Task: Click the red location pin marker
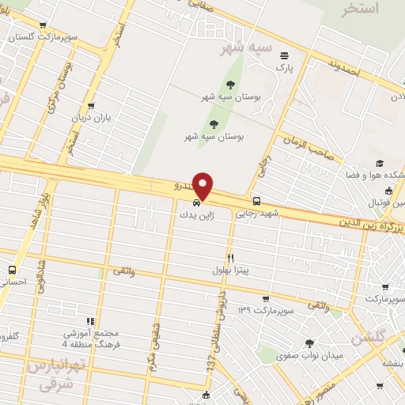pyautogui.click(x=204, y=186)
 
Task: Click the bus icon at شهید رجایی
pyautogui.click(x=256, y=201)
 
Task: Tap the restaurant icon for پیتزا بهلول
pyautogui.click(x=231, y=258)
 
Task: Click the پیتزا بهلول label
pyautogui.click(x=230, y=271)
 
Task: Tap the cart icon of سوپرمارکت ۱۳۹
pyautogui.click(x=265, y=298)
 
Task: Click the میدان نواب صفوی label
pyautogui.click(x=309, y=355)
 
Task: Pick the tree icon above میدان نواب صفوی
pyautogui.click(x=308, y=343)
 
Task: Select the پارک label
pyautogui.click(x=284, y=68)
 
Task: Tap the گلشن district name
pyautogui.click(x=363, y=336)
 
